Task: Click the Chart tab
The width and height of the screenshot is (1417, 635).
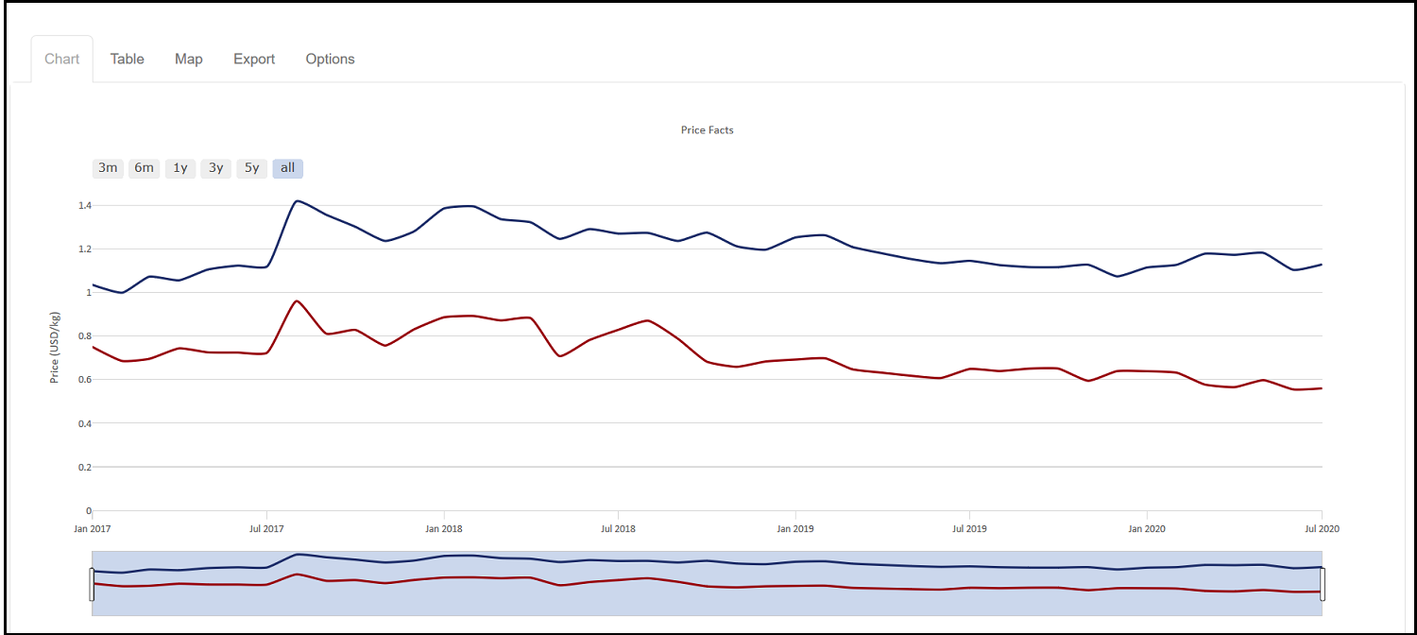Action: [62, 59]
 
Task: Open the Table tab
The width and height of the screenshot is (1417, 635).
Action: [127, 59]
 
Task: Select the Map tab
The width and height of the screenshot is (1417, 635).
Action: [189, 59]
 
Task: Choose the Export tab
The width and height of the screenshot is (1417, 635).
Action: [254, 59]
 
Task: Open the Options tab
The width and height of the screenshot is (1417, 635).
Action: [330, 59]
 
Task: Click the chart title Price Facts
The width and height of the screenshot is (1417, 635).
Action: [707, 130]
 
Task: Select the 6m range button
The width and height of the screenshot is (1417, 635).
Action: [144, 168]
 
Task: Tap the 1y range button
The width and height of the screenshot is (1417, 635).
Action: [179, 168]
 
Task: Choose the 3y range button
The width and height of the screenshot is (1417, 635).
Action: [215, 168]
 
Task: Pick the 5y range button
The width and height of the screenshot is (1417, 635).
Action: [251, 168]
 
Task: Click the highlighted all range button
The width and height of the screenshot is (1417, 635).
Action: [287, 168]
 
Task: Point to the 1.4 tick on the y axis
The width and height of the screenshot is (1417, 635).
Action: [85, 205]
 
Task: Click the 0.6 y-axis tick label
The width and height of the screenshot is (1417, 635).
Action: [85, 380]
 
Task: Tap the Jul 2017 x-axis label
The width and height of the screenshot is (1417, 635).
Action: [266, 529]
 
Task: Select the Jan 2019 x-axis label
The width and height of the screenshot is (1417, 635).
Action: [794, 529]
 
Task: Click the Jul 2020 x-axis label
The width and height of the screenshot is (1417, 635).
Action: [1321, 529]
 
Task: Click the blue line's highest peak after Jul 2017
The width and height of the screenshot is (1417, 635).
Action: [297, 200]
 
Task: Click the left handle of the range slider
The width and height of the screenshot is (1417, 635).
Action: [92, 584]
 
